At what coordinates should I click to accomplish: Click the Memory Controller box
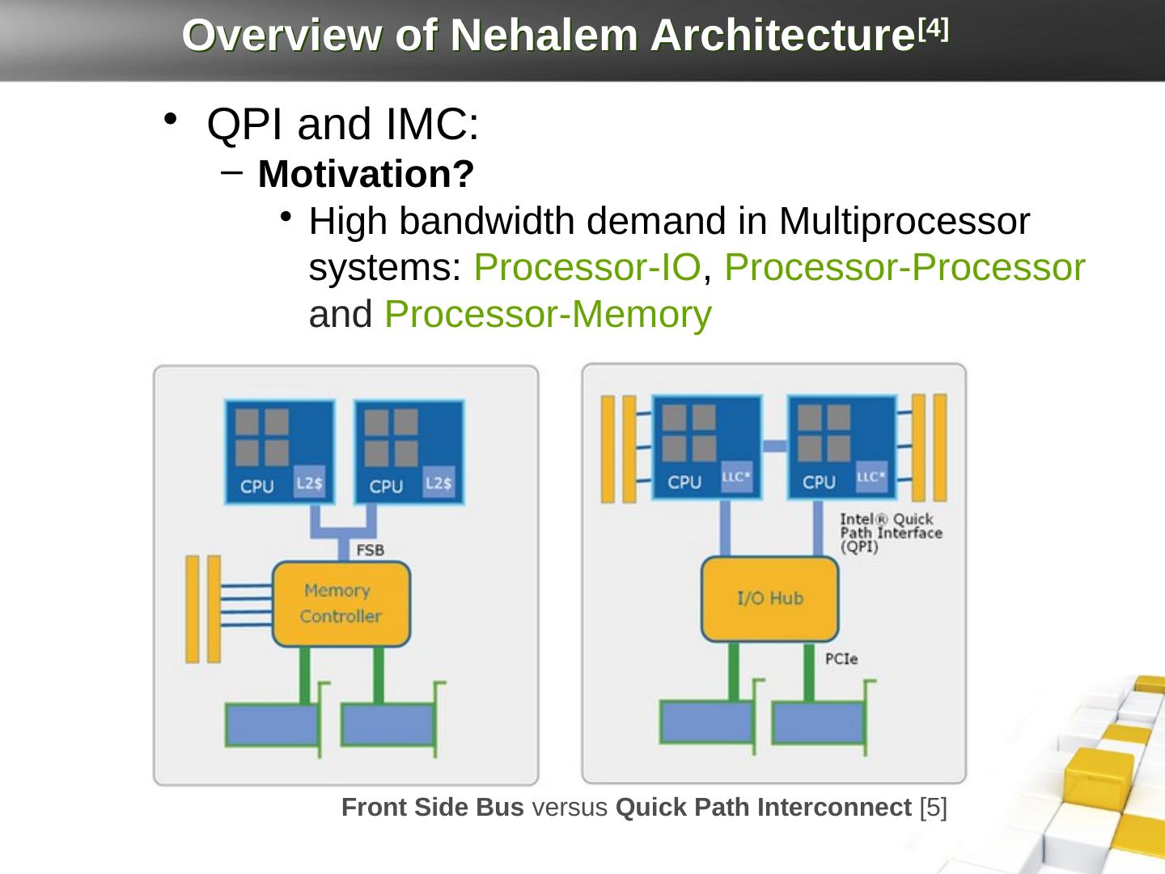coord(341,604)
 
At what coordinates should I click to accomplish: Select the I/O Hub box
coord(769,599)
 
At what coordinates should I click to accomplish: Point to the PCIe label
coord(841,659)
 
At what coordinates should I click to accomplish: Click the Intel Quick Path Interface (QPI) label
coord(890,532)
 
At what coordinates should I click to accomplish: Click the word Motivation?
coord(366,174)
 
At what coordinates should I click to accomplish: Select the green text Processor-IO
coord(587,268)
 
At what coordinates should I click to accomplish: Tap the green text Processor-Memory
coord(549,315)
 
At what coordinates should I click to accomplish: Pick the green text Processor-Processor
coord(904,268)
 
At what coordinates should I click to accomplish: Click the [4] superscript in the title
coord(935,28)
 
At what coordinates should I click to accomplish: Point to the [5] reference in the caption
coord(934,807)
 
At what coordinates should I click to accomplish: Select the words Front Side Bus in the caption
coord(432,807)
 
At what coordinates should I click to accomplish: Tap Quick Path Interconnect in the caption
coord(764,807)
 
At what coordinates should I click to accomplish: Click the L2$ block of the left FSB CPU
coord(307,483)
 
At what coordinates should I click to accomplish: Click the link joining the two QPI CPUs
coord(775,445)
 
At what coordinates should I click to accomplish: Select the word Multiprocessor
coord(904,221)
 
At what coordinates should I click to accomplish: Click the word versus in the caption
coord(570,807)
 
